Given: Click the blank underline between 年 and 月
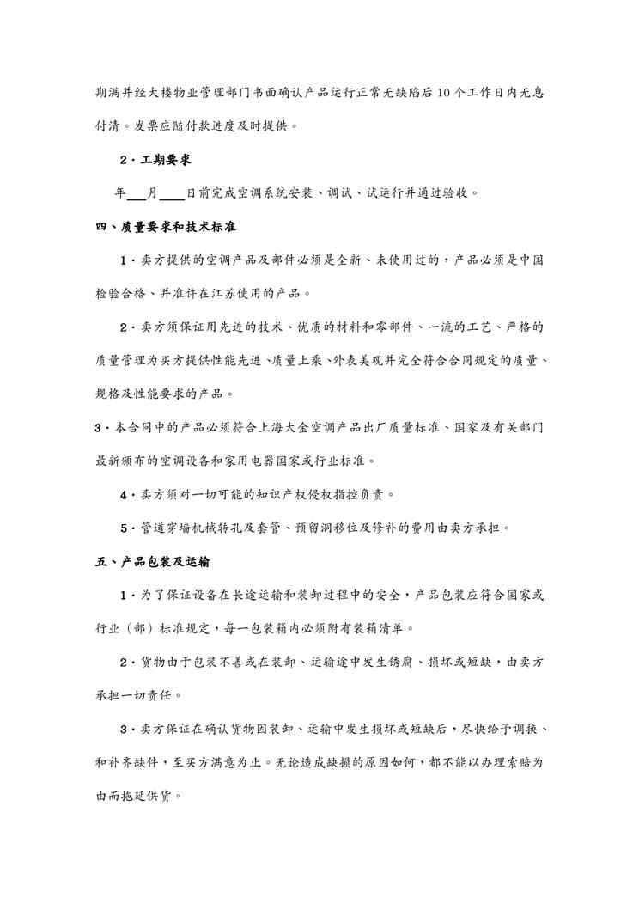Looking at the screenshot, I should pyautogui.click(x=137, y=193).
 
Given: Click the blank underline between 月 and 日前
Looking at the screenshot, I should pyautogui.click(x=172, y=193).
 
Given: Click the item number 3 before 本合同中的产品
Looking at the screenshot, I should pyautogui.click(x=100, y=427).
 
